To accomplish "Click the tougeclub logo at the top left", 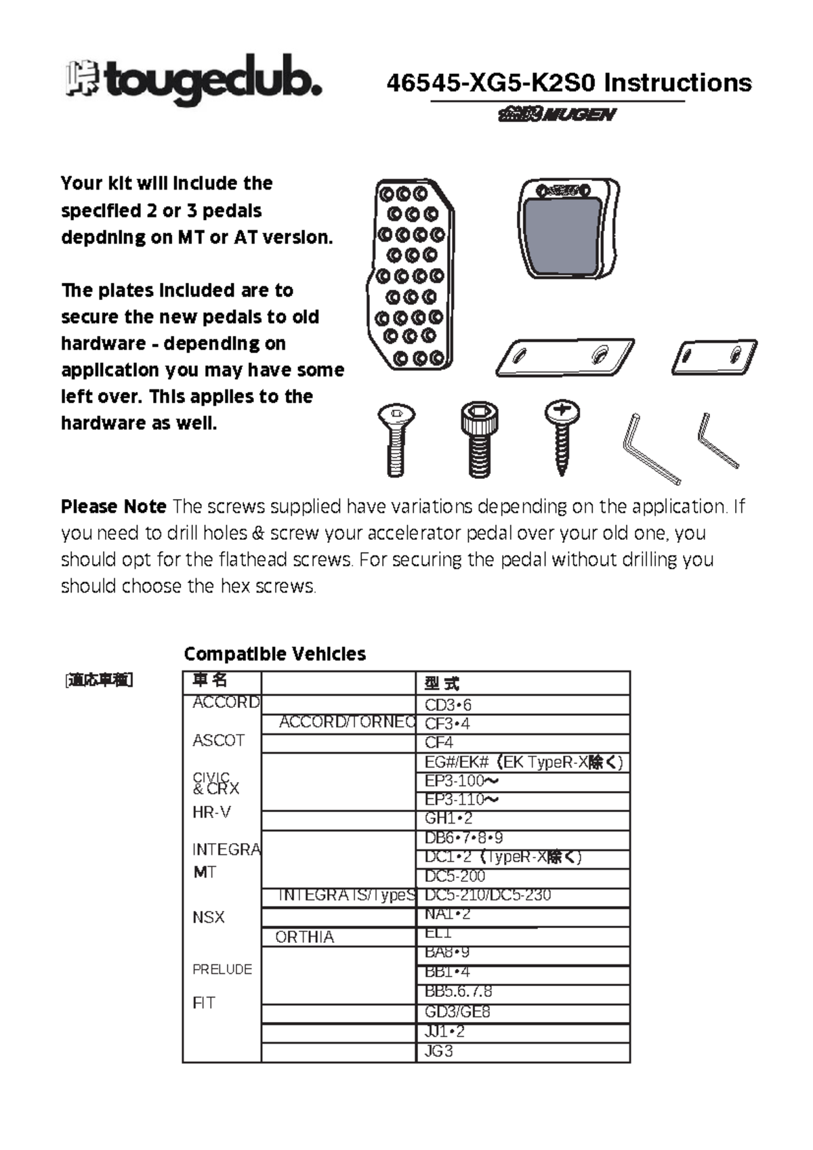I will point(193,80).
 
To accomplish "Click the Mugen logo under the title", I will point(557,114).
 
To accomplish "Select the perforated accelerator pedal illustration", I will point(411,274).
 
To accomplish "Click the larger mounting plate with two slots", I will point(565,356).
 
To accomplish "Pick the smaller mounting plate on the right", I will point(713,357).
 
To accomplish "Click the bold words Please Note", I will point(113,507).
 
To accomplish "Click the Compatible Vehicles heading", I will point(274,654).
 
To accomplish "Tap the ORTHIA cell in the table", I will point(304,937).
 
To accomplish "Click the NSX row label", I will point(208,917).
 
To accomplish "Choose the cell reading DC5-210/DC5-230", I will point(487,895).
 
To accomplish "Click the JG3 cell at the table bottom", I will point(438,1051).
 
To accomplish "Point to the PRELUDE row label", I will point(222,969).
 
